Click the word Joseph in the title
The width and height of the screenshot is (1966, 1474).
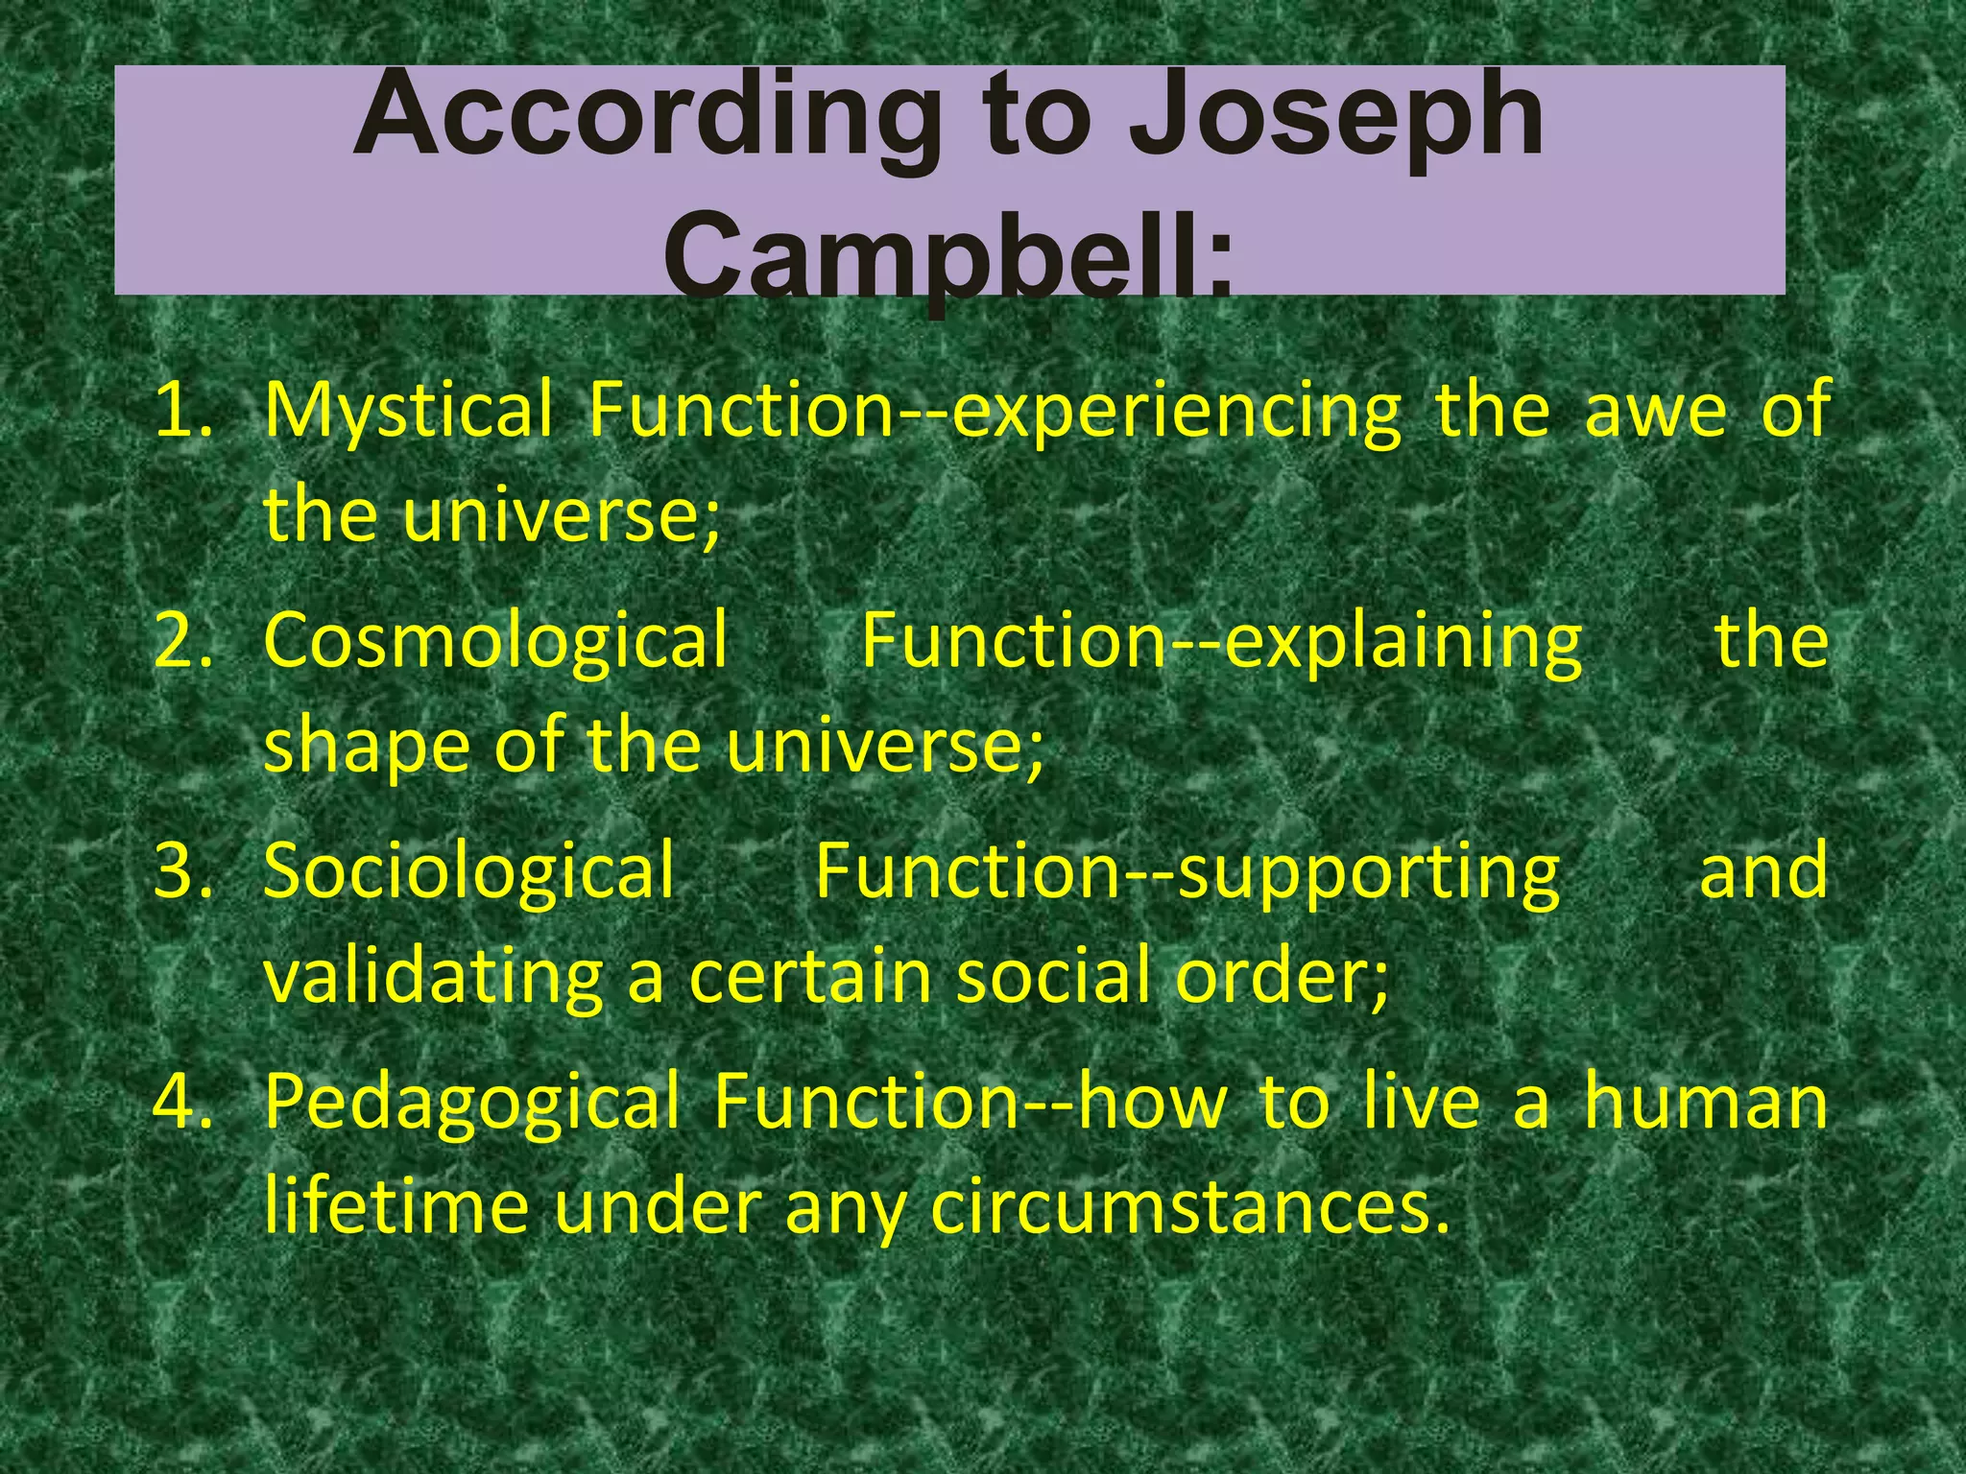point(1334,117)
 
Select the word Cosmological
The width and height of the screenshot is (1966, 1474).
point(495,640)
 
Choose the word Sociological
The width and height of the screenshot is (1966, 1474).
point(469,870)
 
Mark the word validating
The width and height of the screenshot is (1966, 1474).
point(433,977)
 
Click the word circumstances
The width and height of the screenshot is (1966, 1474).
point(1188,1207)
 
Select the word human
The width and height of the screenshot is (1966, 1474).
point(1705,1101)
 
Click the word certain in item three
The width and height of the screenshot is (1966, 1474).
point(810,977)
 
